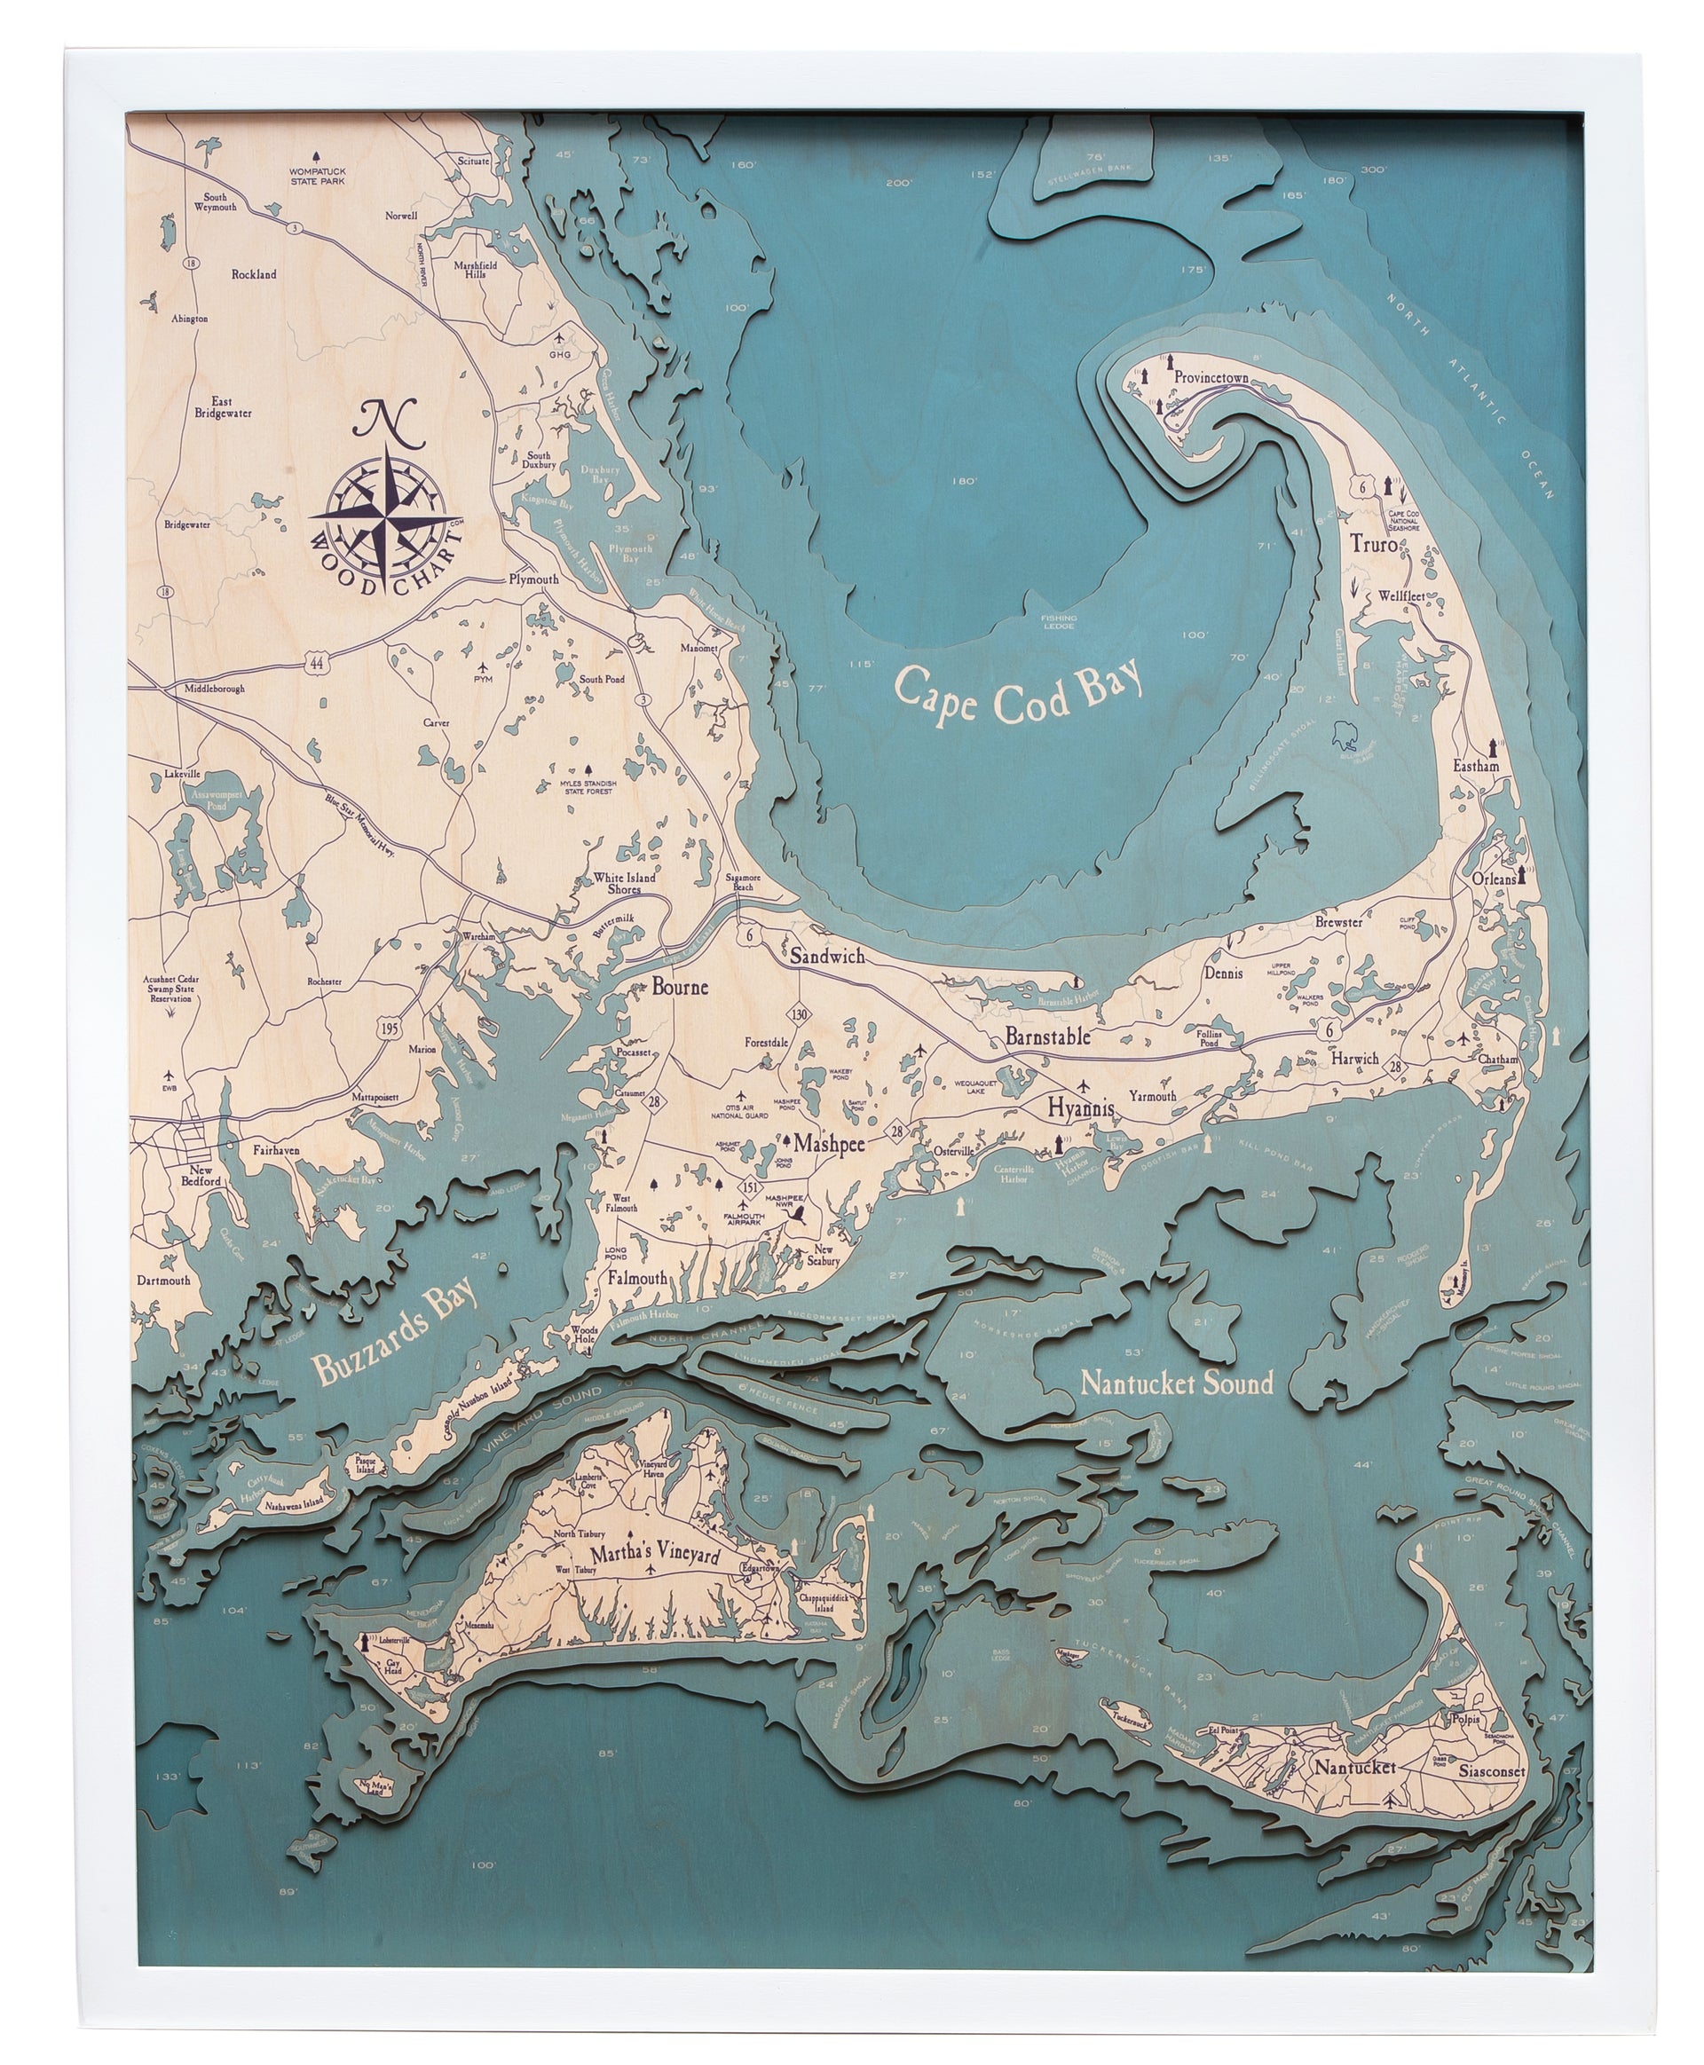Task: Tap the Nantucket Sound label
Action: pyautogui.click(x=1176, y=1383)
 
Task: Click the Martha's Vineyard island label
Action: pyautogui.click(x=655, y=1556)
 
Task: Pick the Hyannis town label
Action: pyautogui.click(x=1081, y=1108)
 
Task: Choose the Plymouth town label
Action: pyautogui.click(x=533, y=579)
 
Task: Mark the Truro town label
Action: pyautogui.click(x=1372, y=544)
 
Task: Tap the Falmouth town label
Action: pyautogui.click(x=637, y=1279)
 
